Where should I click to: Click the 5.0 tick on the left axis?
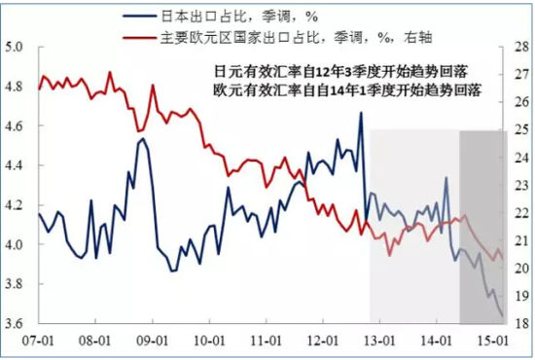pos(18,46)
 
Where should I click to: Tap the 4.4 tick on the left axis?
pos(18,165)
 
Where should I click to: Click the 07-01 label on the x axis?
pos(39,342)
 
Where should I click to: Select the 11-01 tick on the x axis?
pos(268,342)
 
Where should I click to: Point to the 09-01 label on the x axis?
pos(154,342)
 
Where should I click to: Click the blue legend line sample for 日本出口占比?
pos(139,17)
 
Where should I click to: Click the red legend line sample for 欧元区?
pos(139,38)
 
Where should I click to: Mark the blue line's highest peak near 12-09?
pos(361,113)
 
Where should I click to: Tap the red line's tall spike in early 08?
pos(109,72)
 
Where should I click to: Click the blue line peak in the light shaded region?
pos(446,178)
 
